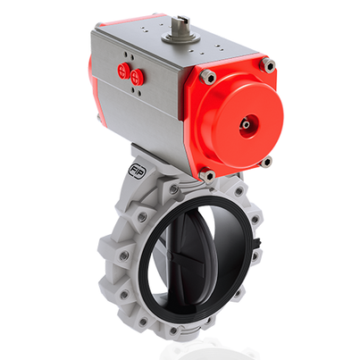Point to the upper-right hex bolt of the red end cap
(x=266, y=64)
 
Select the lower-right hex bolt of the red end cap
(x=265, y=161)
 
